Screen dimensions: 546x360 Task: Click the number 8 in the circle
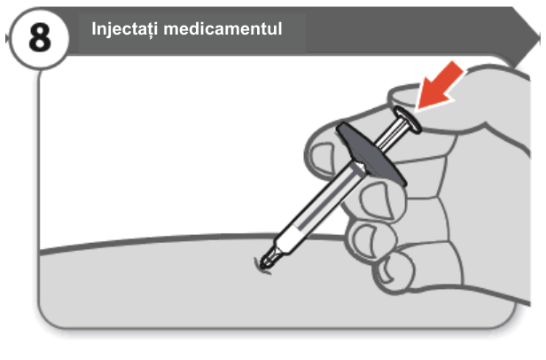[x=40, y=37]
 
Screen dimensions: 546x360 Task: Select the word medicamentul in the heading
[x=222, y=28]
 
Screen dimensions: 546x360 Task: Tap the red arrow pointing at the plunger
[x=440, y=86]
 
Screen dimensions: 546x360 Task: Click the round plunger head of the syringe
[x=408, y=120]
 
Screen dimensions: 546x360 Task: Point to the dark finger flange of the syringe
[x=370, y=153]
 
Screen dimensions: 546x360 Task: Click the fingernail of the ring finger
[x=363, y=239]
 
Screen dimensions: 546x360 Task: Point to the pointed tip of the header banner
[x=539, y=35]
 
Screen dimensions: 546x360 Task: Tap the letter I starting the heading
[x=94, y=28]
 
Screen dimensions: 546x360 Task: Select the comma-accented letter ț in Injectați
[x=144, y=31]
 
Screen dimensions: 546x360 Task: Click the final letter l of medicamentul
[x=280, y=28]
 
